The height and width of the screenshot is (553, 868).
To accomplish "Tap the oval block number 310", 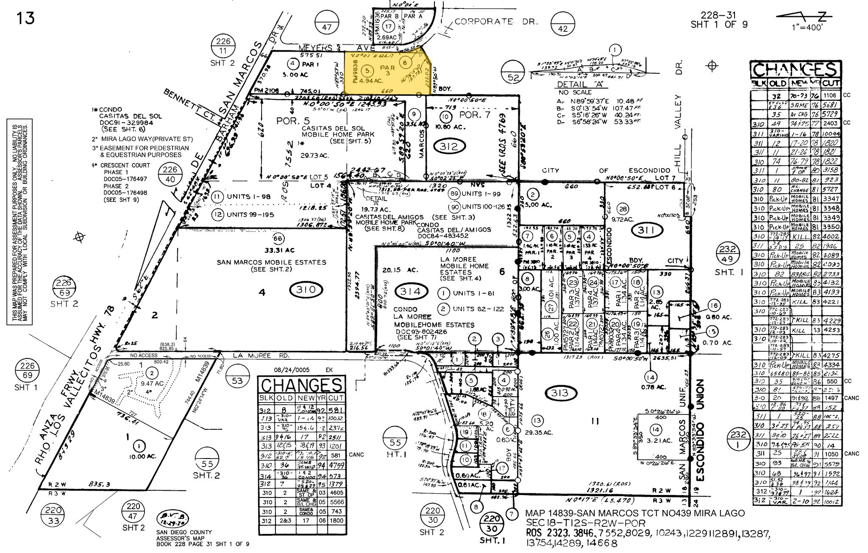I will coord(306,290).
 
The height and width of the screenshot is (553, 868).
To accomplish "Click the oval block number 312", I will coord(449,147).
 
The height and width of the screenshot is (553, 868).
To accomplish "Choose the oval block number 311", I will coord(648,231).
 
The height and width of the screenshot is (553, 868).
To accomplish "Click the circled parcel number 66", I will coord(278,238).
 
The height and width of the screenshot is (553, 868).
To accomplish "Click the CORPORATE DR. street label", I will coord(483,22).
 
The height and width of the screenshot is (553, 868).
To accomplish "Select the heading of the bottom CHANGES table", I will coord(302,386).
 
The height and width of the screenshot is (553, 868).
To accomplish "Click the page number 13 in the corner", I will coord(25,18).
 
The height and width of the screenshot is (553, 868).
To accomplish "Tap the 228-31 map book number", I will coord(719,15).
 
